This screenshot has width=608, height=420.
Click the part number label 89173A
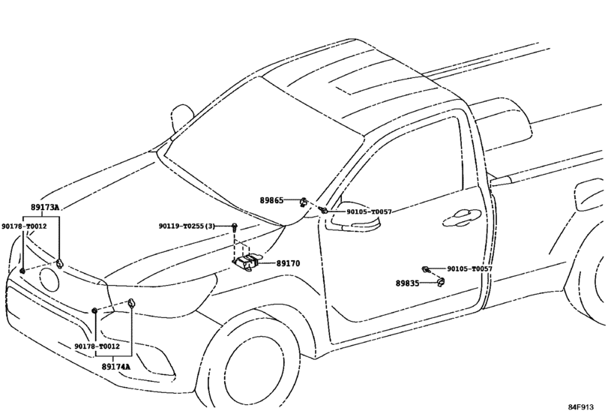(45, 208)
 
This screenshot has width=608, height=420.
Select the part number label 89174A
(116, 367)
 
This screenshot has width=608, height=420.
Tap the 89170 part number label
(288, 263)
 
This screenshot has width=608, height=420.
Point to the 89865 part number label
(271, 200)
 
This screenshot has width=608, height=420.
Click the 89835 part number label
(408, 283)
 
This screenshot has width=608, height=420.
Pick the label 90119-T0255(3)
(187, 226)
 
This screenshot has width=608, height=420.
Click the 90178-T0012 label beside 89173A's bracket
(24, 226)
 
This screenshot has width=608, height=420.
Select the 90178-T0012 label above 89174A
(97, 346)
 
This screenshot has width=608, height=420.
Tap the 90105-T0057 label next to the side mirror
(369, 211)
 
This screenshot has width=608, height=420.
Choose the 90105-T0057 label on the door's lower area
(469, 268)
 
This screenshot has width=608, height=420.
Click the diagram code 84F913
(581, 406)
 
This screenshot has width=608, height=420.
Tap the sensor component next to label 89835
(441, 282)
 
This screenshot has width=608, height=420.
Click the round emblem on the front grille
(49, 280)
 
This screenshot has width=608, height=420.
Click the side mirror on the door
(355, 217)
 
